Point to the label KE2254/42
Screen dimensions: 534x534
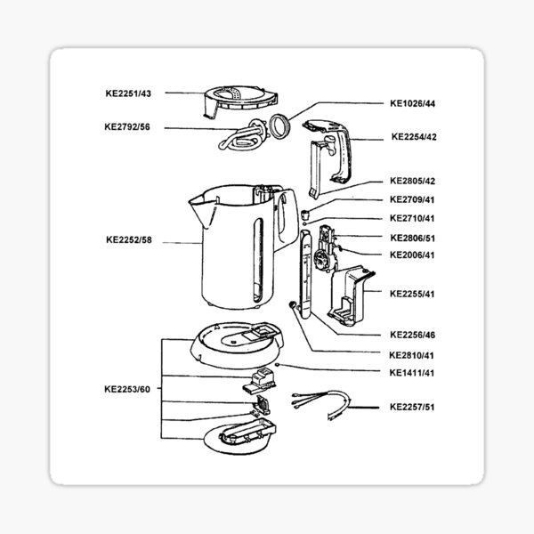413,137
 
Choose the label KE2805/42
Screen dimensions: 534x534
413,181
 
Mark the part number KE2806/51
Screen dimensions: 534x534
413,238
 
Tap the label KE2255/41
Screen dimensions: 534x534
413,293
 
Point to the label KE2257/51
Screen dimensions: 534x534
413,407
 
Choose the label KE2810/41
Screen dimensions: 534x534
413,354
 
